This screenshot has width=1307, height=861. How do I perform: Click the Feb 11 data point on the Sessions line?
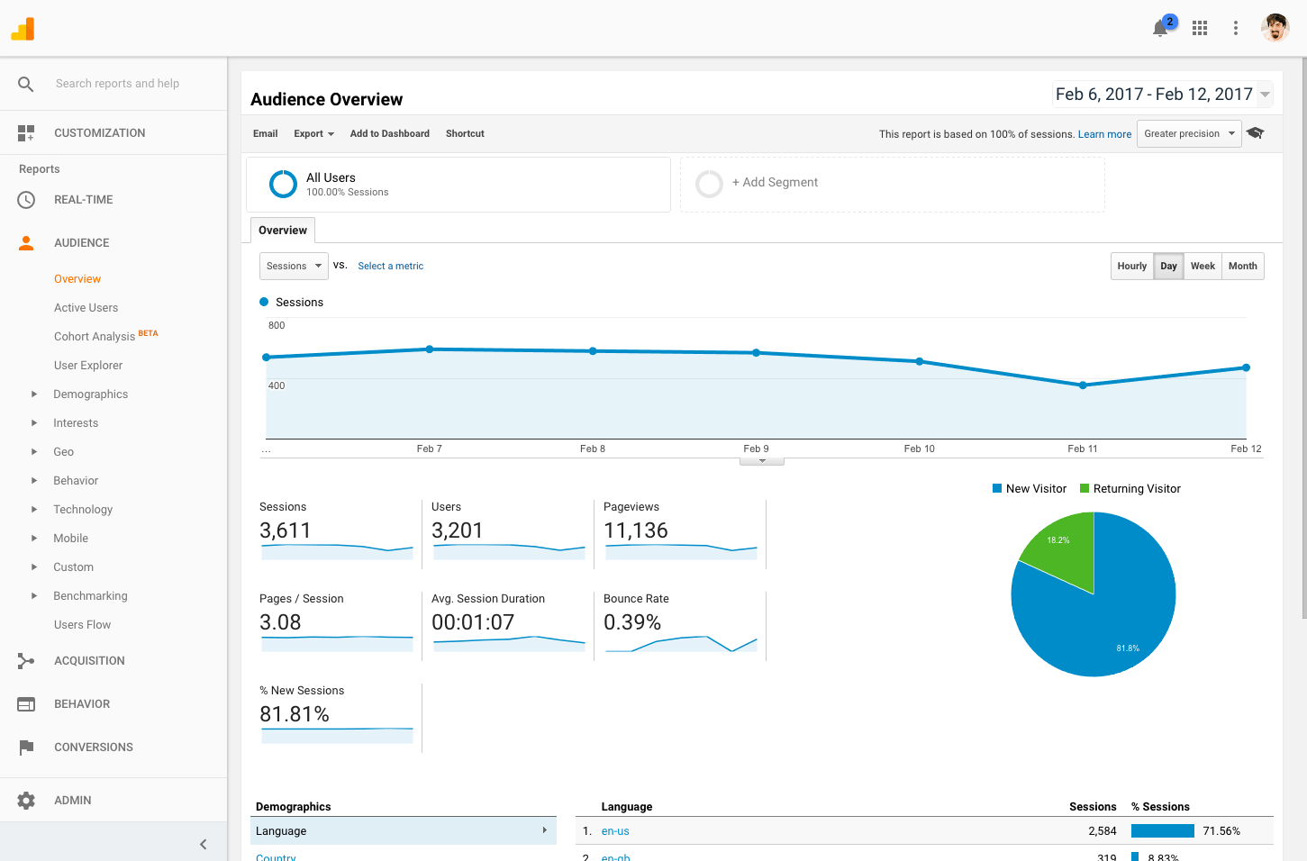pyautogui.click(x=1083, y=385)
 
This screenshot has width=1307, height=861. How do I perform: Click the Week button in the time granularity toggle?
pyautogui.click(x=1203, y=266)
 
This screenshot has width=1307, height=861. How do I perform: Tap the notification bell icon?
pyautogui.click(x=1160, y=29)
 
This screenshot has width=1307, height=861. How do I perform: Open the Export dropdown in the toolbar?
pyautogui.click(x=313, y=133)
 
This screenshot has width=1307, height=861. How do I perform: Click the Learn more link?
pyautogui.click(x=1104, y=134)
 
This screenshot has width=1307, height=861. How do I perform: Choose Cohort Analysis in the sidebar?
pyautogui.click(x=95, y=336)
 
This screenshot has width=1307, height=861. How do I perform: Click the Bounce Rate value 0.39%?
pyautogui.click(x=632, y=622)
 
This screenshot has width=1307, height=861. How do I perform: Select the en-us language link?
pyautogui.click(x=615, y=831)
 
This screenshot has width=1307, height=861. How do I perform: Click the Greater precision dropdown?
pyautogui.click(x=1189, y=133)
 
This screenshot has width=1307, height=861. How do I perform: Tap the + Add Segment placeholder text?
pyautogui.click(x=775, y=182)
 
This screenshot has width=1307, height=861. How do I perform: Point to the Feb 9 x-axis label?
pyautogui.click(x=756, y=449)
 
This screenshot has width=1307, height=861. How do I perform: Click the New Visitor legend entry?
pyautogui.click(x=1030, y=489)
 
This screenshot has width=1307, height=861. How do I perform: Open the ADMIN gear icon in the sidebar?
pyautogui.click(x=26, y=801)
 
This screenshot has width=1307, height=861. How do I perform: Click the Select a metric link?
pyautogui.click(x=390, y=266)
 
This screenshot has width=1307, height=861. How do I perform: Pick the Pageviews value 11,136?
pyautogui.click(x=636, y=530)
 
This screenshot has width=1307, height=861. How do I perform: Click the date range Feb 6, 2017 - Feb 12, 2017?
pyautogui.click(x=1154, y=95)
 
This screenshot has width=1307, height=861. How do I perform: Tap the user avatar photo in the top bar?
pyautogui.click(x=1275, y=28)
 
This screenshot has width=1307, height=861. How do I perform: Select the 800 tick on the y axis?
pyautogui.click(x=277, y=325)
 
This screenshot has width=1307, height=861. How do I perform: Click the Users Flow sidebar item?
pyautogui.click(x=82, y=624)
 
